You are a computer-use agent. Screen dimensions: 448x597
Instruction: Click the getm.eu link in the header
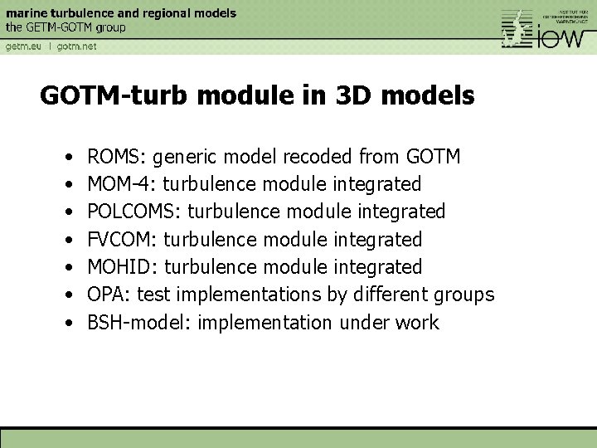[23, 46]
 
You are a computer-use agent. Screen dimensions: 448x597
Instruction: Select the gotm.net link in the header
[76, 46]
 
